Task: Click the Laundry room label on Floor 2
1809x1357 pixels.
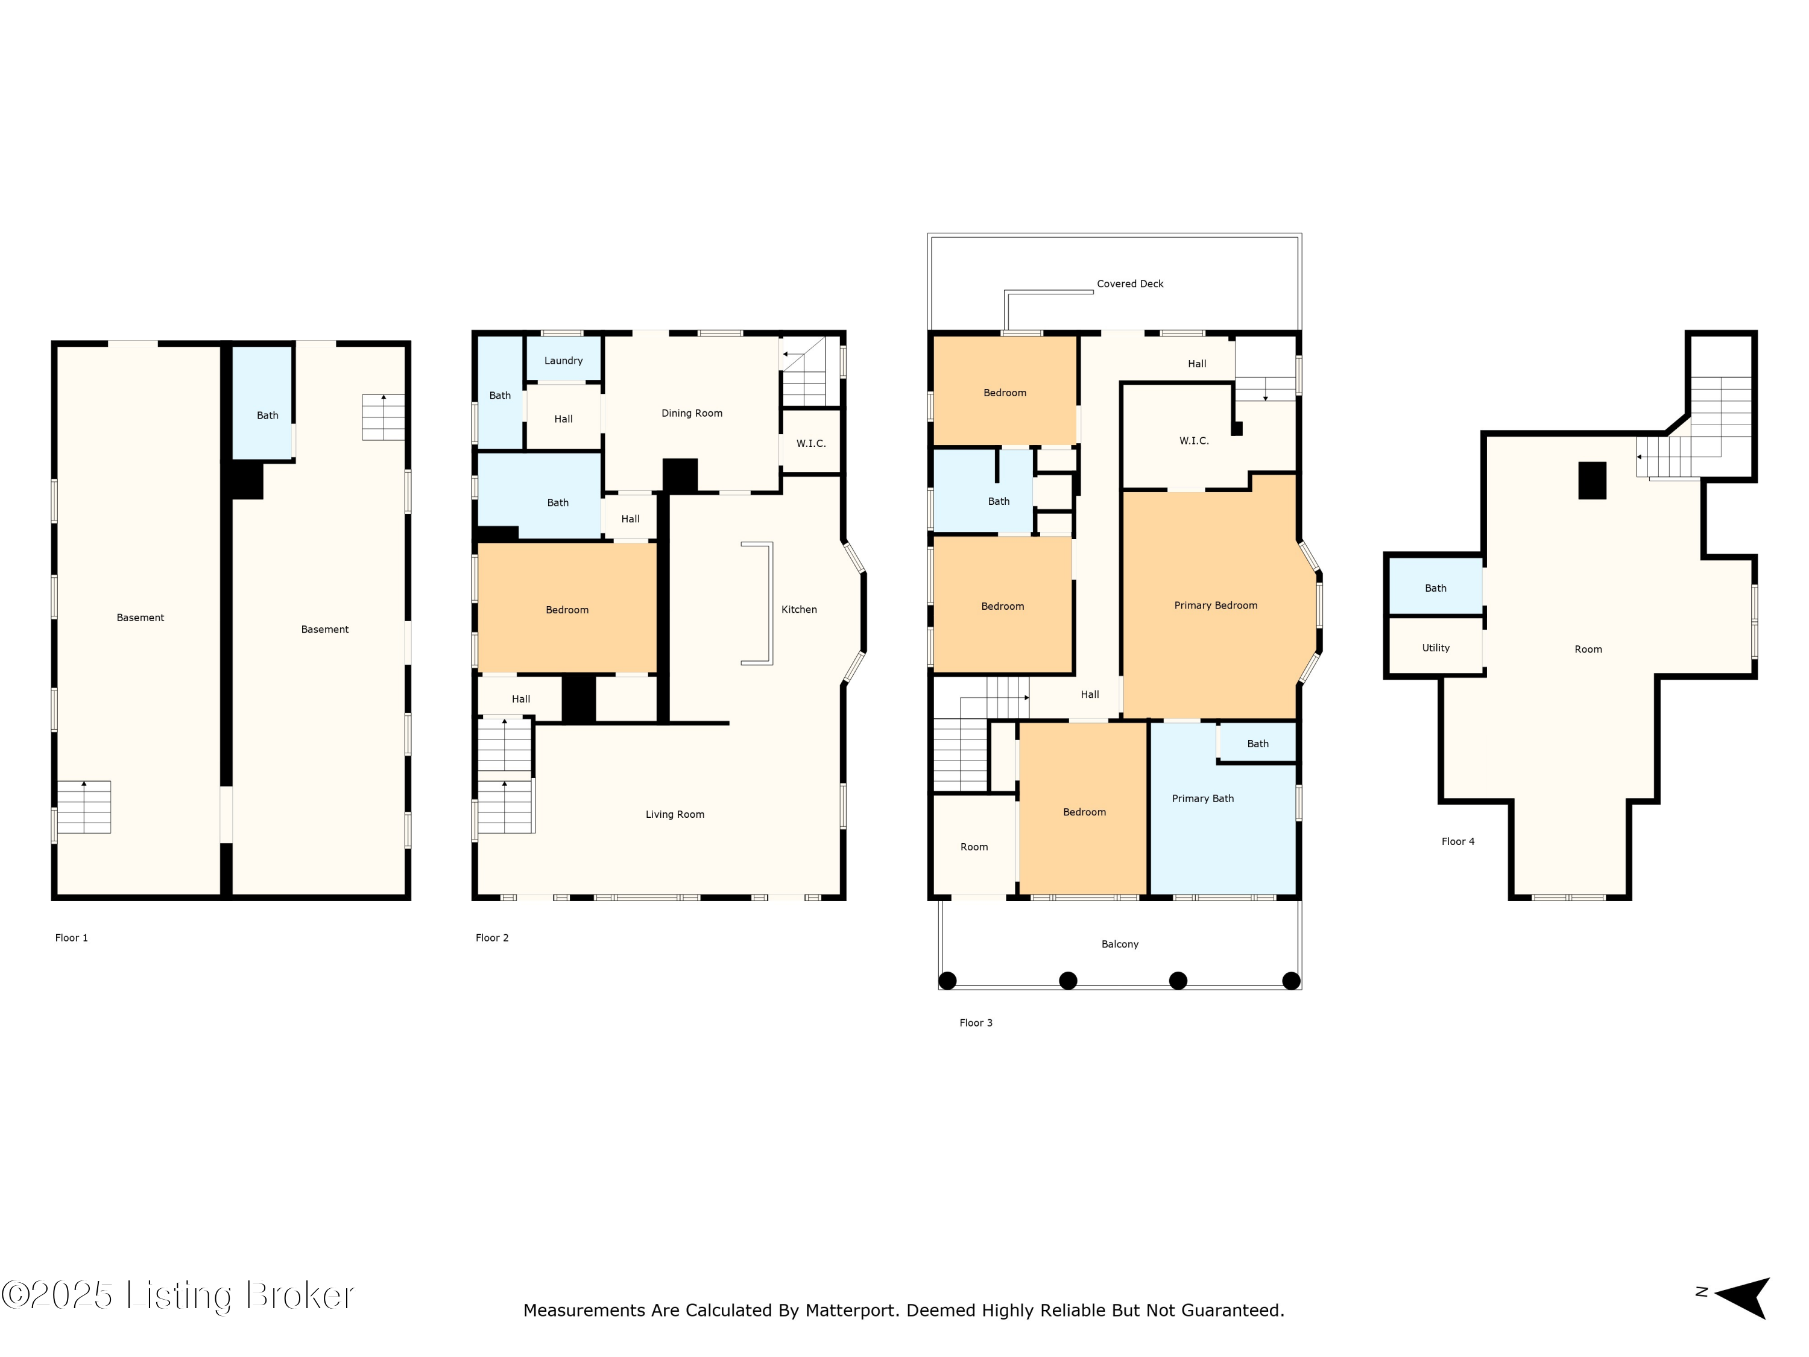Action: [563, 361]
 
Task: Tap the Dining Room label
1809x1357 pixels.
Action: [692, 413]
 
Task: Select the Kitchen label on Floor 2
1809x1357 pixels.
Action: [799, 609]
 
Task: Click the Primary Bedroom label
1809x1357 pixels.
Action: [1215, 606]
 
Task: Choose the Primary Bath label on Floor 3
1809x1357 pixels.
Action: [1202, 799]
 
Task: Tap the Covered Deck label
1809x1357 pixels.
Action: [1129, 284]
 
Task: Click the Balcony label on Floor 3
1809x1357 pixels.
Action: [1120, 944]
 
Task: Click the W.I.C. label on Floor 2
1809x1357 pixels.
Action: [810, 443]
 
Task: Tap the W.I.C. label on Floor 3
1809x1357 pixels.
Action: [1193, 441]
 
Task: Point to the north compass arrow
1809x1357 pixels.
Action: [1742, 1297]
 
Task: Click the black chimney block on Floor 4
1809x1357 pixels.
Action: [1591, 480]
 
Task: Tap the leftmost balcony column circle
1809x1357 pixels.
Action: [947, 980]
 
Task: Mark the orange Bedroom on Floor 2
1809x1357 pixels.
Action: [567, 608]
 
